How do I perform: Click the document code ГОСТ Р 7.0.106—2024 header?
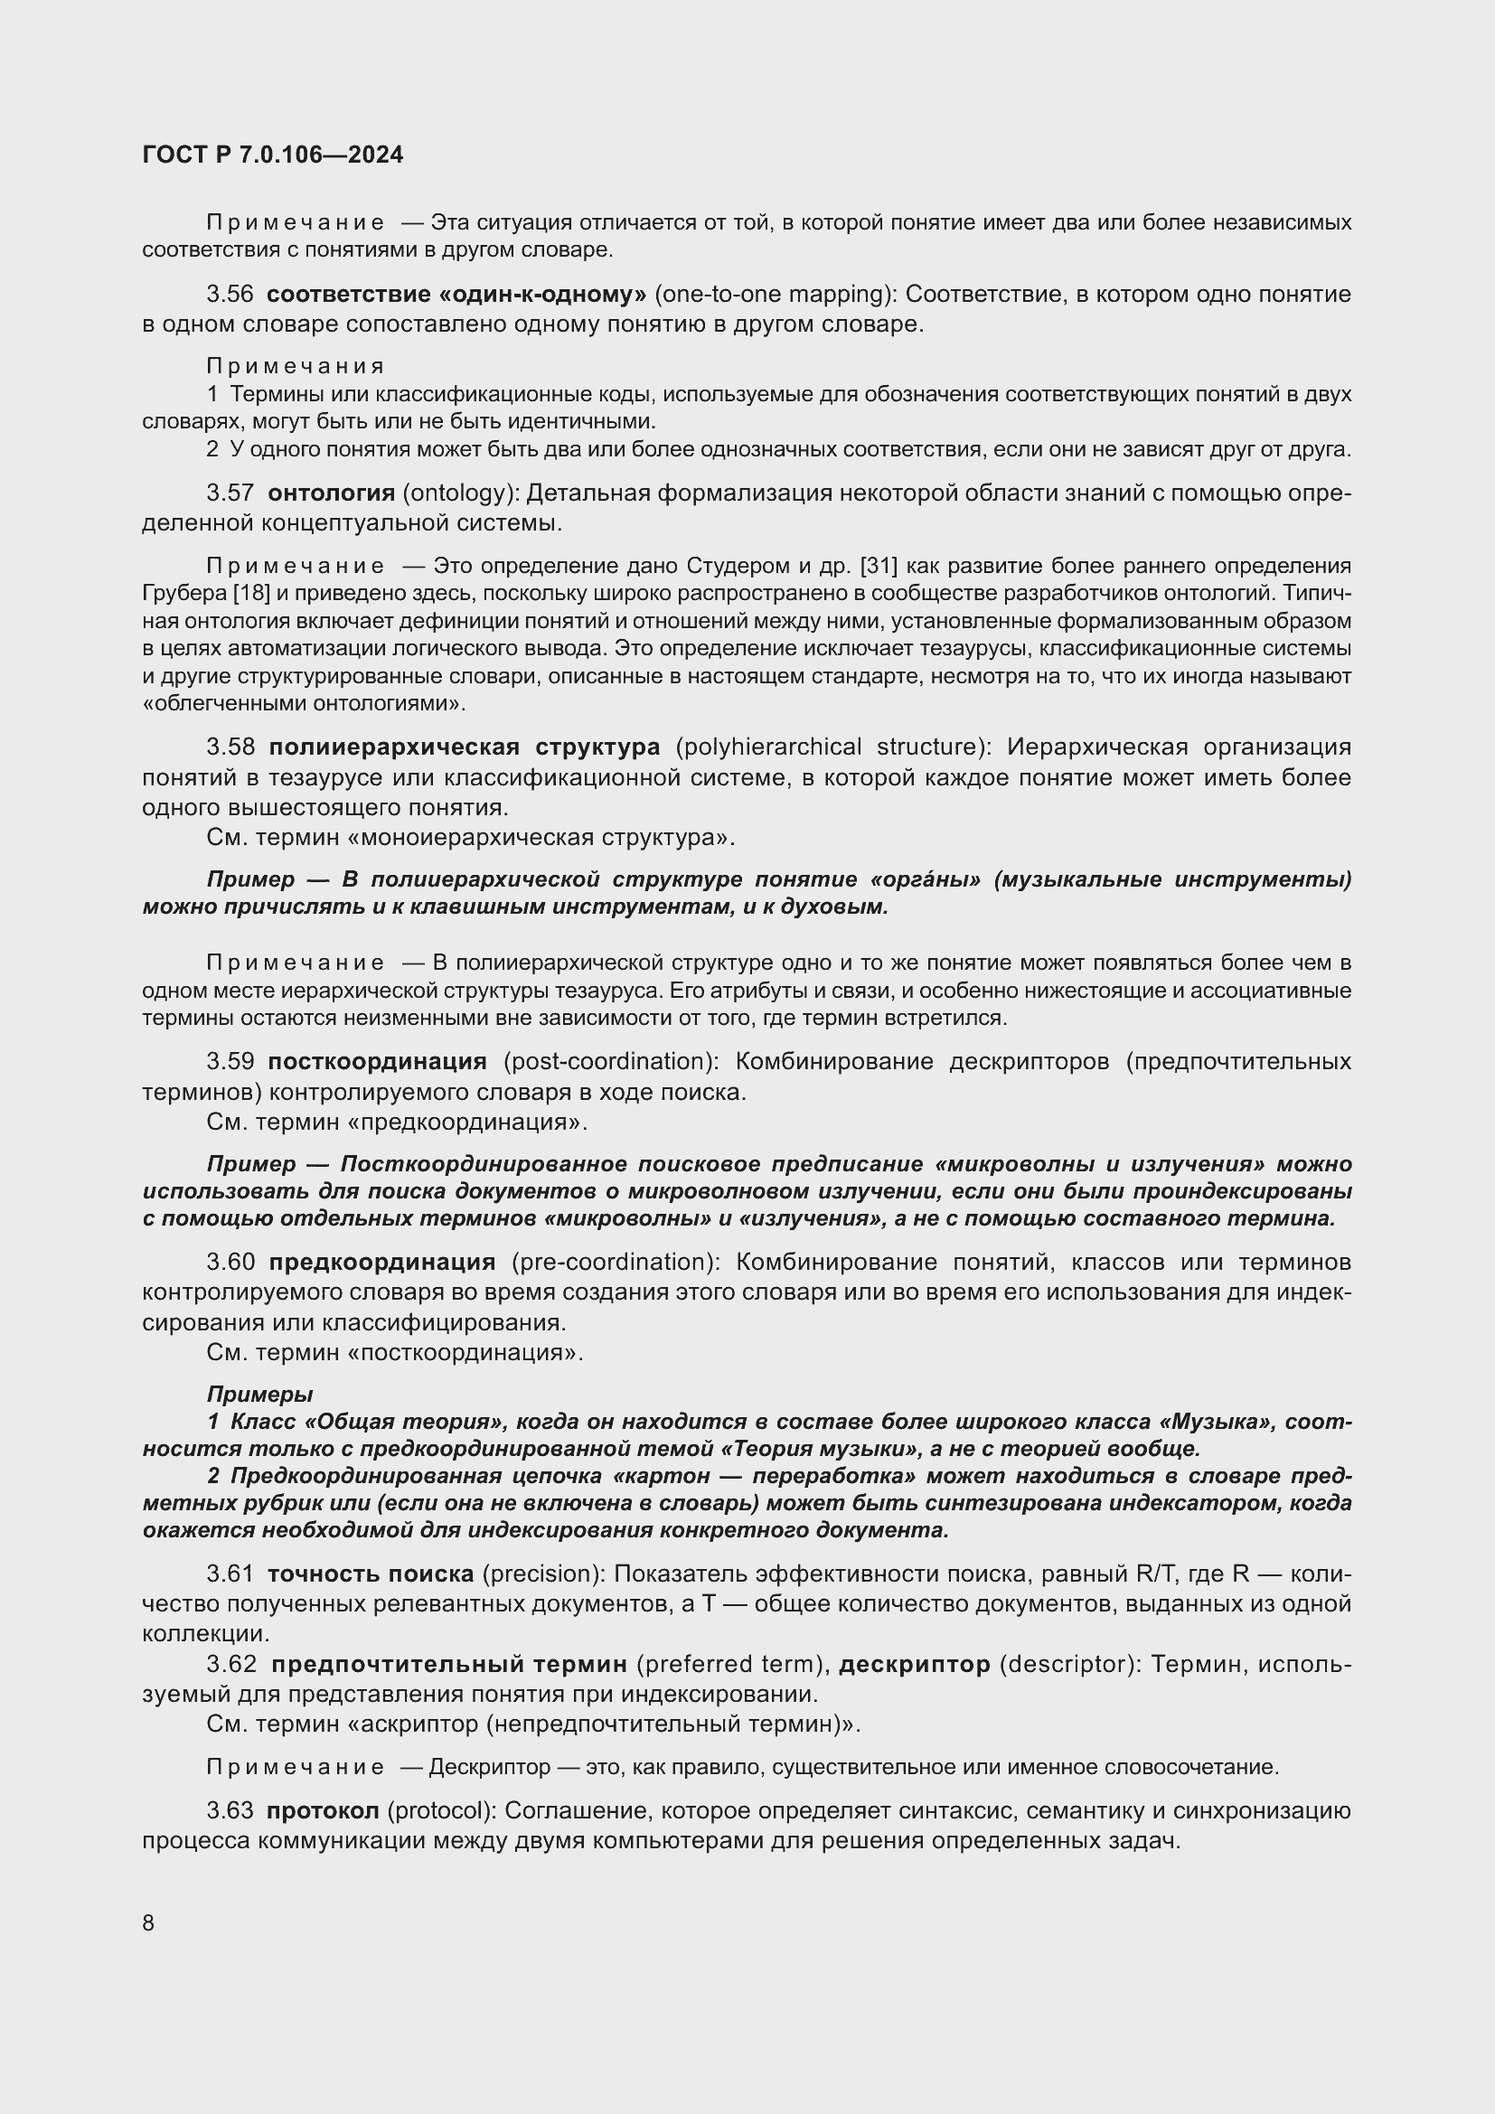point(272,155)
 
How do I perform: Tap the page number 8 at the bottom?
point(148,1922)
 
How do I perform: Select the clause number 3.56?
point(230,295)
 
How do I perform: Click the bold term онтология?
point(331,493)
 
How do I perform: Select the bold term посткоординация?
point(377,1062)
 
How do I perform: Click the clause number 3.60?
point(230,1262)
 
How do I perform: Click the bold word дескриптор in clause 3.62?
point(914,1664)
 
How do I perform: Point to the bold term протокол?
point(322,1810)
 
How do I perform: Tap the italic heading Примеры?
point(259,1394)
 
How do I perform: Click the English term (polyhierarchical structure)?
point(834,746)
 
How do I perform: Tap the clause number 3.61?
point(230,1574)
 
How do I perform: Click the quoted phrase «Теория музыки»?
point(816,1448)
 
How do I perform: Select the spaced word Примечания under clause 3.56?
point(296,366)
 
